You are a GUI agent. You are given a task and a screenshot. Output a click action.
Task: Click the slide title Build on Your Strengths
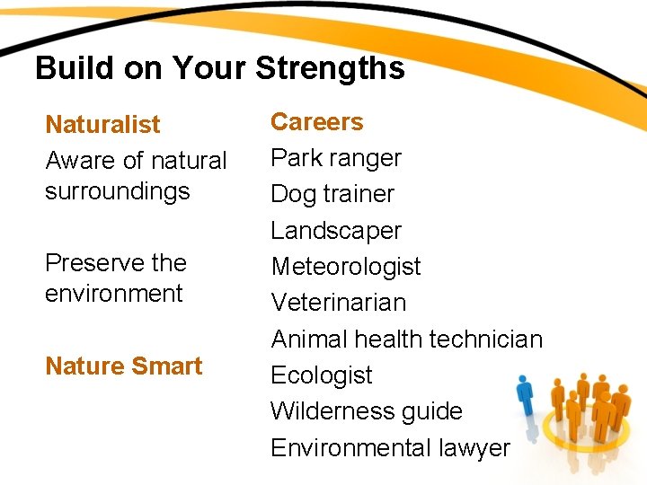pyautogui.click(x=219, y=68)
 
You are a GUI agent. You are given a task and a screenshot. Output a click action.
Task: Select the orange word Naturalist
pyautogui.click(x=102, y=124)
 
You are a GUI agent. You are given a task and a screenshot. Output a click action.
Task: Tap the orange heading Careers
pyautogui.click(x=316, y=121)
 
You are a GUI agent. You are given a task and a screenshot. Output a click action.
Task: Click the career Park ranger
pyautogui.click(x=336, y=158)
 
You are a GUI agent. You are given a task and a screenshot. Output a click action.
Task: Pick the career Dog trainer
pyautogui.click(x=332, y=194)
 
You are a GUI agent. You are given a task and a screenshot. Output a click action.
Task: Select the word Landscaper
pyautogui.click(x=336, y=231)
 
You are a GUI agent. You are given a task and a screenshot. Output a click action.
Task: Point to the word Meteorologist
pyautogui.click(x=346, y=267)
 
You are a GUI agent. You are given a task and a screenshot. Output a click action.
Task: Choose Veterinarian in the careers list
pyautogui.click(x=339, y=303)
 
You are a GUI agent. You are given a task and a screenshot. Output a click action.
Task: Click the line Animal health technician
pyautogui.click(x=407, y=339)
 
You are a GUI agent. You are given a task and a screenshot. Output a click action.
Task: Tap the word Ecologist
pyautogui.click(x=322, y=375)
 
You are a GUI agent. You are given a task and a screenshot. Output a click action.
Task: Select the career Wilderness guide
pyautogui.click(x=367, y=411)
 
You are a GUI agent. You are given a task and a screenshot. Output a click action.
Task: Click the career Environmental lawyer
pyautogui.click(x=390, y=447)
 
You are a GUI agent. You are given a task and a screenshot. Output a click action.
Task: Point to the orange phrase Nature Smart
pyautogui.click(x=123, y=366)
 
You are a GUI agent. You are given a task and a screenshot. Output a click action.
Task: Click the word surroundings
pyautogui.click(x=118, y=191)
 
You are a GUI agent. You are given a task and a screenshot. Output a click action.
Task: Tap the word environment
pyautogui.click(x=113, y=294)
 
